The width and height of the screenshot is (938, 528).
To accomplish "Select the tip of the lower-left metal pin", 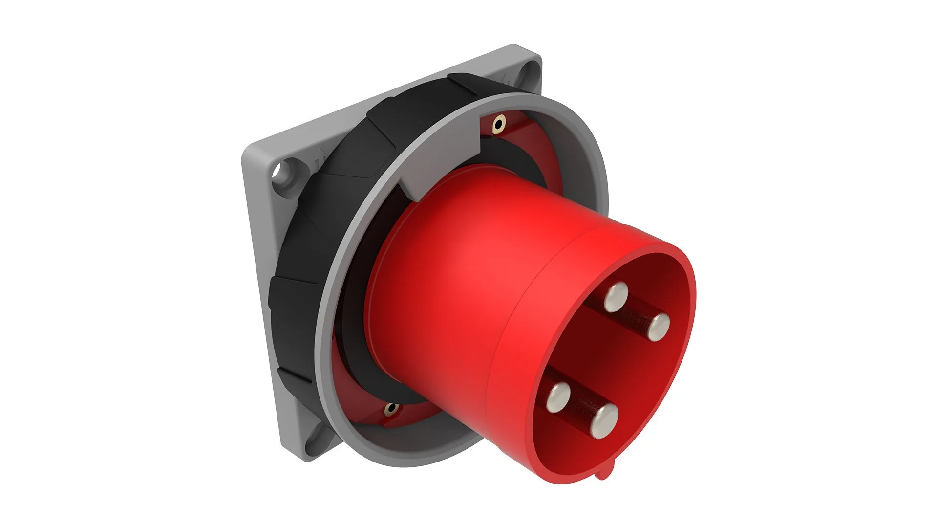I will (x=558, y=396).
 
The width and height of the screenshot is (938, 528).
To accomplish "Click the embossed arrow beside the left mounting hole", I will (x=320, y=161).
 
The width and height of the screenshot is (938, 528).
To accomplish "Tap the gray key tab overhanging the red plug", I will (x=415, y=188).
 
